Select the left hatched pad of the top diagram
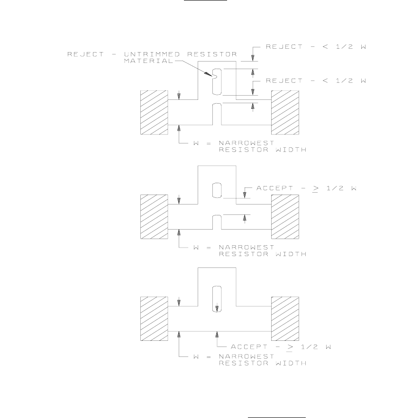154,112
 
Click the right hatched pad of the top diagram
284,112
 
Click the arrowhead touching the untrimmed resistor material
210,74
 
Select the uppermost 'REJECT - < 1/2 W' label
317,46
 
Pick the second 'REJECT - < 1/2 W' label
317,81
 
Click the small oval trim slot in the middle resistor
217,190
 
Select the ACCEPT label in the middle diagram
306,188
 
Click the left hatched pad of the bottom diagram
154,318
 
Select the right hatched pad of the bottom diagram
284,318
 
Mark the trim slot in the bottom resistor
217,299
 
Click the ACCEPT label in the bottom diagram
279,347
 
